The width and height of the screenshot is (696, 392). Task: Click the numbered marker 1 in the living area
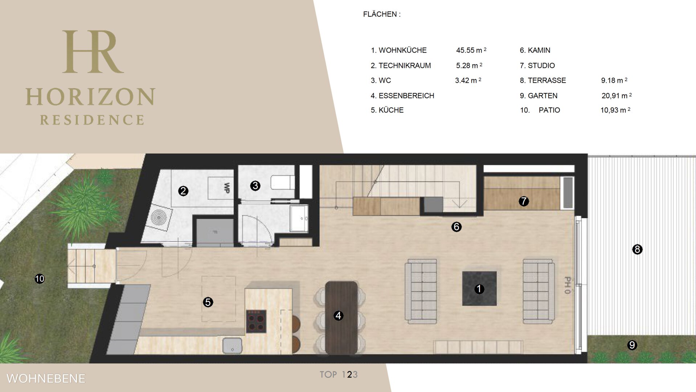(479, 289)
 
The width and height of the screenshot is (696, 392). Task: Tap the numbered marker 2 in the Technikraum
(183, 191)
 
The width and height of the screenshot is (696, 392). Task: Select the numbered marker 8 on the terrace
(637, 249)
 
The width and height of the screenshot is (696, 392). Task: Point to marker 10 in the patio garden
(40, 279)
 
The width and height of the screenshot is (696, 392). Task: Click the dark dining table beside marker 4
(341, 318)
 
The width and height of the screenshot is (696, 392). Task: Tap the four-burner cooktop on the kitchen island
(256, 321)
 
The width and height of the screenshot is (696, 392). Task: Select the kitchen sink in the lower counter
(232, 345)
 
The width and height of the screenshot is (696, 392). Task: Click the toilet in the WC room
(283, 183)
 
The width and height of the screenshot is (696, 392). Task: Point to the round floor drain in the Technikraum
(159, 217)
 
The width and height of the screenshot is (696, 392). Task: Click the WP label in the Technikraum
(227, 188)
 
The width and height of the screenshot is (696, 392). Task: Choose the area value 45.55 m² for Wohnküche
(471, 50)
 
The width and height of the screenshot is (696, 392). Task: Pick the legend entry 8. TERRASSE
(543, 80)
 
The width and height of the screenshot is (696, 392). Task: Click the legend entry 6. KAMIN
(535, 50)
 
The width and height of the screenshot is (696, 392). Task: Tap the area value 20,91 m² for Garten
(617, 95)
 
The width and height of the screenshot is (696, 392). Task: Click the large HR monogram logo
(93, 52)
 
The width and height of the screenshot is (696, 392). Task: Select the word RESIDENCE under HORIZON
(92, 120)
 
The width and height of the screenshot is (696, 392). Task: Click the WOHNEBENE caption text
(46, 379)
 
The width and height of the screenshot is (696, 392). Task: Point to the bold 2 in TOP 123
(349, 375)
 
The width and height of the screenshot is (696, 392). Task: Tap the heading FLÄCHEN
(382, 14)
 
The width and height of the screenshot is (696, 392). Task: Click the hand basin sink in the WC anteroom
(299, 218)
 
